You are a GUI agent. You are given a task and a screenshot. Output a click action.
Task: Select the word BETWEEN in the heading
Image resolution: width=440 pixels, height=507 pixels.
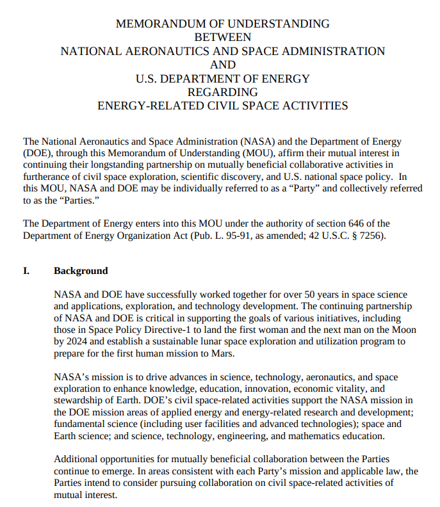[222, 37]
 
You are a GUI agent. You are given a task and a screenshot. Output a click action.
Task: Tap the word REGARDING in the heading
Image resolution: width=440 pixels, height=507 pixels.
[222, 92]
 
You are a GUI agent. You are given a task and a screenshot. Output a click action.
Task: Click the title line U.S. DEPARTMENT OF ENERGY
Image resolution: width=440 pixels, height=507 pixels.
[222, 79]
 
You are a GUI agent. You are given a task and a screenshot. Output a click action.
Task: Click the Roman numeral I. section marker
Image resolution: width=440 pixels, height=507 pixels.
[27, 271]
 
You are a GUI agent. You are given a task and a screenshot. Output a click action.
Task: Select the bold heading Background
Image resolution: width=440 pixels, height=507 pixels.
[81, 271]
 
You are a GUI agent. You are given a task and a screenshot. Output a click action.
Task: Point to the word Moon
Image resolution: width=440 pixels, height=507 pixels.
[403, 330]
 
